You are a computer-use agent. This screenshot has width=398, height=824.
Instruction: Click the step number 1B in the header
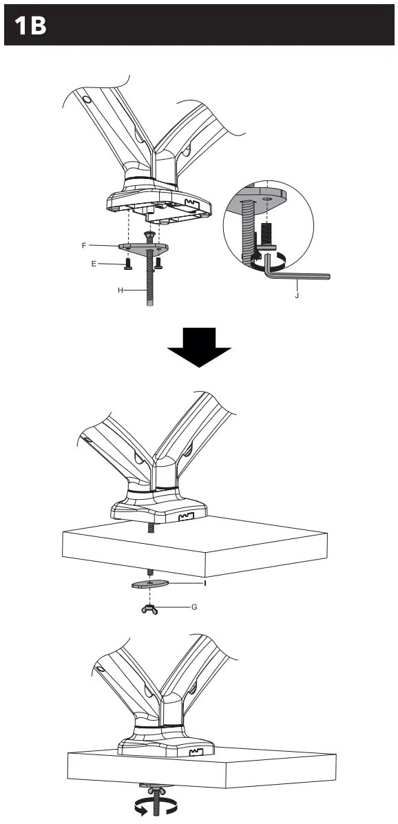31,25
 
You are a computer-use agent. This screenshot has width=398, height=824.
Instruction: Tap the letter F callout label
84,245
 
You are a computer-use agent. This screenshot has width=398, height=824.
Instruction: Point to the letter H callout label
120,290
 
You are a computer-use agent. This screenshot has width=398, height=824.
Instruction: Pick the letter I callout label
205,582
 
